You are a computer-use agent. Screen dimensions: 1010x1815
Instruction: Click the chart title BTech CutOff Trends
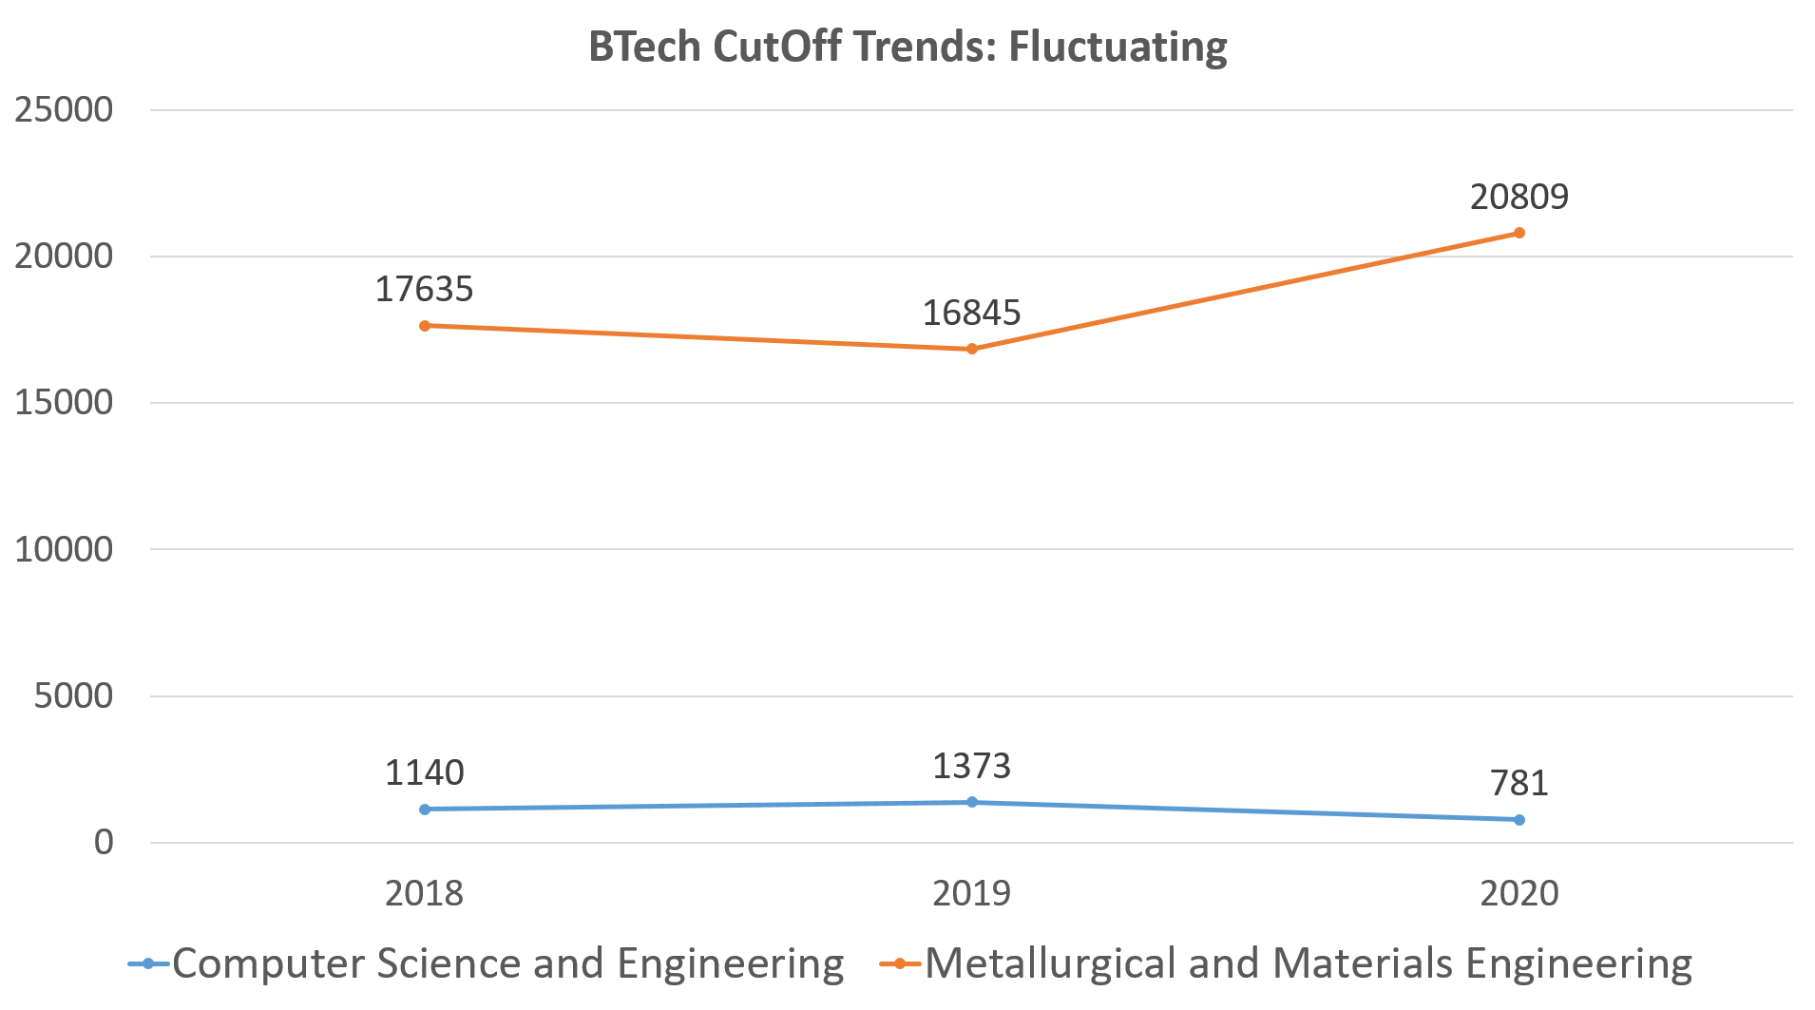coord(907,47)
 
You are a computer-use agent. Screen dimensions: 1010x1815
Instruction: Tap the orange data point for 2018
coord(425,326)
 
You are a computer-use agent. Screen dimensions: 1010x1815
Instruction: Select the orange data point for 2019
coord(972,349)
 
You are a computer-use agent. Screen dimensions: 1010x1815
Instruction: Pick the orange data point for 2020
coord(1519,233)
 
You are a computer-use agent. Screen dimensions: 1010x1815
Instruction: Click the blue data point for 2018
coord(425,810)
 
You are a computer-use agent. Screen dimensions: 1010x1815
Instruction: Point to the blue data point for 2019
coord(972,802)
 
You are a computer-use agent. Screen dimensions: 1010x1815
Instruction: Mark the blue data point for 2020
coord(1519,820)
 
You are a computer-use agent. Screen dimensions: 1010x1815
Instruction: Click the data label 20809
coord(1519,197)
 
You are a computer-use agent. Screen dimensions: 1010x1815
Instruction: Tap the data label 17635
coord(424,289)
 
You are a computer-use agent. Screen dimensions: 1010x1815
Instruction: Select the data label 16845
coord(971,313)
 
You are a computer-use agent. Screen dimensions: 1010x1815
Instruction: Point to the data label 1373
coord(971,766)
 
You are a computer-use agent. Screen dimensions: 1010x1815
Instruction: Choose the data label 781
coord(1519,783)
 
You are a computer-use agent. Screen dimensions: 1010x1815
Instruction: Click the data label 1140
coord(424,772)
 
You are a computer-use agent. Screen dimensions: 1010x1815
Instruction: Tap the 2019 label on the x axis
coord(971,893)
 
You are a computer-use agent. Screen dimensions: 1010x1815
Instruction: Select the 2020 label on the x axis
coord(1519,893)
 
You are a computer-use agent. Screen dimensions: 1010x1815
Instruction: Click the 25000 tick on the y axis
coord(64,110)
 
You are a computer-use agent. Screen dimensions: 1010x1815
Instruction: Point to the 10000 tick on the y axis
coord(64,549)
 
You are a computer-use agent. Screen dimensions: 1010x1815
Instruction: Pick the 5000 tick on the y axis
coord(73,696)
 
